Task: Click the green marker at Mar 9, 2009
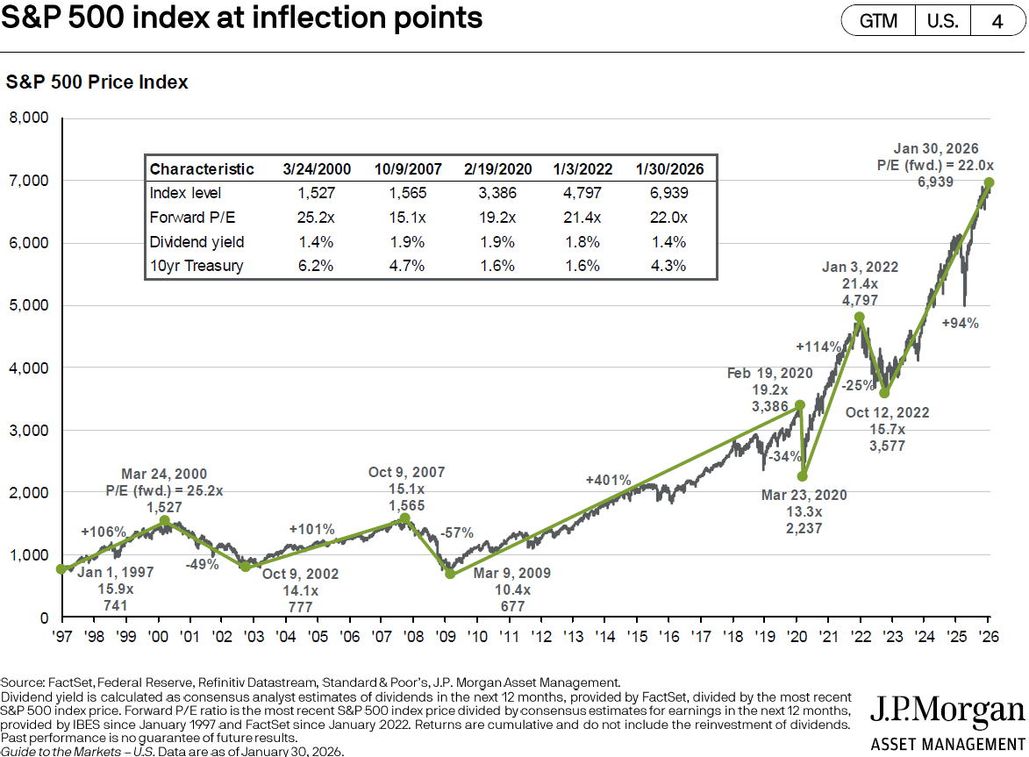450,574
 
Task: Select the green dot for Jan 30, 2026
990,182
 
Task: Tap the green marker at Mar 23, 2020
802,477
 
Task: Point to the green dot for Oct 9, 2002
245,567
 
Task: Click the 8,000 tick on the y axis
29,118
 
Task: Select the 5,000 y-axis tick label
29,305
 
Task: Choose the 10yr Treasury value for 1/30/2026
665,266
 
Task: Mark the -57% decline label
457,532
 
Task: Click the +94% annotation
961,324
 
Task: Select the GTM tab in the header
878,21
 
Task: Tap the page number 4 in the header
997,21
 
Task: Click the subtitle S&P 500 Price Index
97,82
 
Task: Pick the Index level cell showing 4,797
575,193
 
